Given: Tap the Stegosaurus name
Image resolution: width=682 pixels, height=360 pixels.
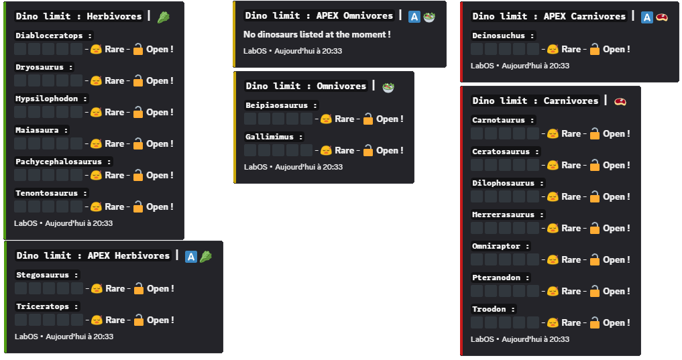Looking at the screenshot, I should (47, 275).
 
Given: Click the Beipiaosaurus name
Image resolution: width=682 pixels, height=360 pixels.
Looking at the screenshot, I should (281, 105).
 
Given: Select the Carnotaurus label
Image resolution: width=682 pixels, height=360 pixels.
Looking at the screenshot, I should (504, 120).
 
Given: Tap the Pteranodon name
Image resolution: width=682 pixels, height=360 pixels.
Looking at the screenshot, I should (501, 278).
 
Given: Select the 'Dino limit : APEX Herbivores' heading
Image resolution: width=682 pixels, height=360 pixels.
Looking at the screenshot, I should (93, 255).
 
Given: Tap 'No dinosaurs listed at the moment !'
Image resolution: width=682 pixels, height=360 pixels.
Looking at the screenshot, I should (317, 34).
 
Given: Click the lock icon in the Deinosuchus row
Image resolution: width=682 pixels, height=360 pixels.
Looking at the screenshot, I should (594, 49).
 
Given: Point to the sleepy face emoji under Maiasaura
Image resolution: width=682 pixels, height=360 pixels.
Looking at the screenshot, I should (96, 143).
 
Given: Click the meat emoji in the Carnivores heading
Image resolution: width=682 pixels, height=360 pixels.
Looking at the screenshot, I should (620, 101).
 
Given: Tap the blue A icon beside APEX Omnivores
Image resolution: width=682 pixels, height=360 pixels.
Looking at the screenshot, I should (414, 16).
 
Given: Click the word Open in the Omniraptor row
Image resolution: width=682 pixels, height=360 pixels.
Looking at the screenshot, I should (616, 259).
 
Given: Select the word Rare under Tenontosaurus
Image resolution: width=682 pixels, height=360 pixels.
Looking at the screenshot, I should (115, 206).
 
